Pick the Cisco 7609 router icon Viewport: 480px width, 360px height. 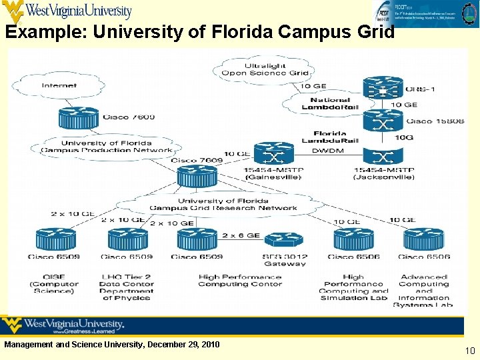coord(197,177)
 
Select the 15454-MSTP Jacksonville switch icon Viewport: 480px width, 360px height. coord(383,157)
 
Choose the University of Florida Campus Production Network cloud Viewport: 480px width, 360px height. coord(107,147)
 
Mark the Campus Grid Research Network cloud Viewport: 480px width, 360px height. coord(223,204)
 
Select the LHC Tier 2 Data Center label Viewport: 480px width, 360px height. coord(127,287)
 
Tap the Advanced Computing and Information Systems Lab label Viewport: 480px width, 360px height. coord(424,291)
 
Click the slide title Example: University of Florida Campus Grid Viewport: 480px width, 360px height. coord(200,32)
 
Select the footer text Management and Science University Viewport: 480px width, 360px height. coord(112,344)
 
